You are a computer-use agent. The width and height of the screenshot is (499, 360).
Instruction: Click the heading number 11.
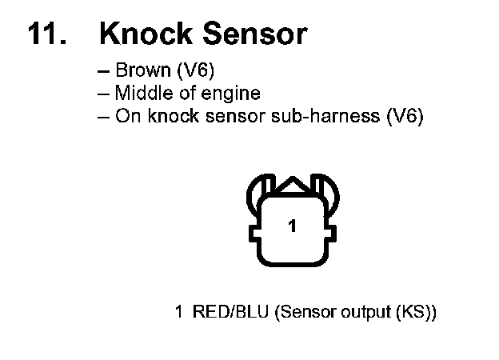(46, 34)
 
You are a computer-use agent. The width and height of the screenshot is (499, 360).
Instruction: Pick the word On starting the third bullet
(126, 116)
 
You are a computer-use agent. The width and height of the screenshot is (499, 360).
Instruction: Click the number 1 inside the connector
(293, 227)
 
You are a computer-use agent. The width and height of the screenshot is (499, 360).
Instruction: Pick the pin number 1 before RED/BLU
(179, 312)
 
